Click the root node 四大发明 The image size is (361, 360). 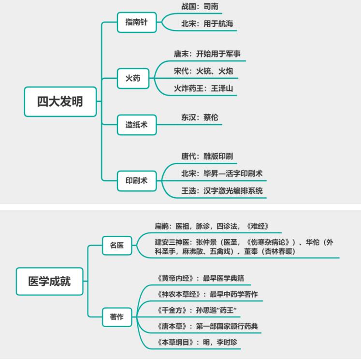click(60, 101)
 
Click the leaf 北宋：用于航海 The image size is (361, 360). click(202, 24)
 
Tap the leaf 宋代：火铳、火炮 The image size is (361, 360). click(203, 72)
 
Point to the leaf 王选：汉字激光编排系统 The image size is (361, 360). click(222, 190)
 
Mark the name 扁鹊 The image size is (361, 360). click(163, 226)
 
